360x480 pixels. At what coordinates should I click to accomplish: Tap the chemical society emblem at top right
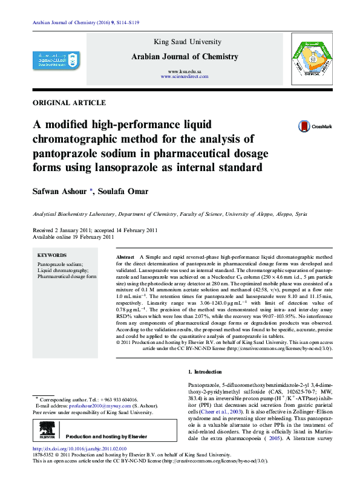pyautogui.click(x=309, y=58)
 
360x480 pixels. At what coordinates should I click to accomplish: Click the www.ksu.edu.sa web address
pyautogui.click(x=185, y=72)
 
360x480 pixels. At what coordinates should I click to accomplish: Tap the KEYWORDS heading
pyautogui.click(x=52, y=256)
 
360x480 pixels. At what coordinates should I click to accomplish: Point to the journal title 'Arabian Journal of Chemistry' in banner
pyautogui.click(x=185, y=56)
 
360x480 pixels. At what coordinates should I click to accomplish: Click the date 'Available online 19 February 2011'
pyautogui.click(x=73, y=237)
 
